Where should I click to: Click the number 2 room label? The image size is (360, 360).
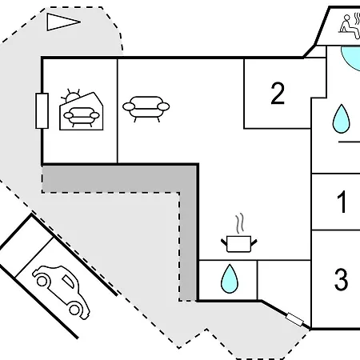(278, 94)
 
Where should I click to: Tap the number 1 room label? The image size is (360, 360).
(342, 202)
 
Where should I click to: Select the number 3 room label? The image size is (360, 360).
(341, 279)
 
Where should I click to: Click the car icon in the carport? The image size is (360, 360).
(61, 292)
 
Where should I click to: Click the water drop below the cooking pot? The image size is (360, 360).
(229, 278)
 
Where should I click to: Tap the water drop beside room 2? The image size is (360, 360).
(341, 119)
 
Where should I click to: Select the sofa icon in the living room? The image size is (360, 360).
(146, 109)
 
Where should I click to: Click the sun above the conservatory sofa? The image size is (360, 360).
(71, 96)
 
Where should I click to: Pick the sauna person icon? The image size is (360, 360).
(350, 26)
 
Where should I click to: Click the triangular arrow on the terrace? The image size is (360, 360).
(63, 22)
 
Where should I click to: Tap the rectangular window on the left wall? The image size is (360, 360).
(42, 111)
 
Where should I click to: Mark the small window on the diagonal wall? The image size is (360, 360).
(294, 320)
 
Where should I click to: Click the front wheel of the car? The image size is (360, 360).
(74, 310)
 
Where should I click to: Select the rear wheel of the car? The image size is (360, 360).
(42, 281)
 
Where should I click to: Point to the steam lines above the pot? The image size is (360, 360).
(240, 223)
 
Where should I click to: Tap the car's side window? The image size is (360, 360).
(69, 282)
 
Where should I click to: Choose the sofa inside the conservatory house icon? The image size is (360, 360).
(82, 117)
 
